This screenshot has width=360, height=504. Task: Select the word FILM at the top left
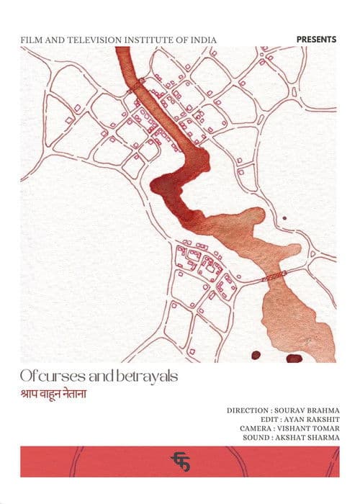coord(32,37)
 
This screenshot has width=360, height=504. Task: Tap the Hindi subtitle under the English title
coord(59,396)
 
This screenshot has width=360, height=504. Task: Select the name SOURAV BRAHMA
coord(307,410)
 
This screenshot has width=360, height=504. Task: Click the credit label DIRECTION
coord(248,410)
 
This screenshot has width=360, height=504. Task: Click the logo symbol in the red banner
coord(179,461)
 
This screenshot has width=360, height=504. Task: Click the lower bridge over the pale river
coord(274,275)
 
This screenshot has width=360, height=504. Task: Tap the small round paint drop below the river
coord(255,354)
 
